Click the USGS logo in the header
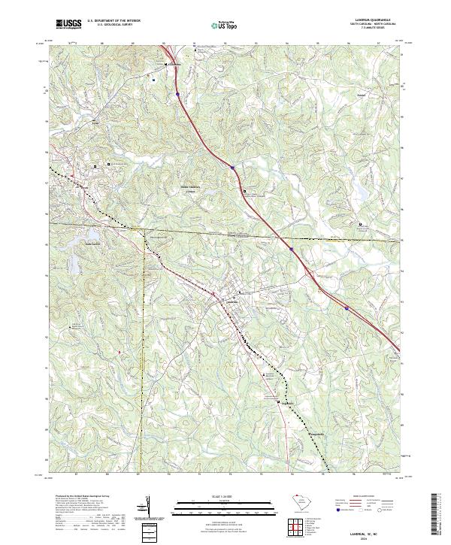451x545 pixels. [x=69, y=24]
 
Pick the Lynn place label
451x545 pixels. [x=95, y=123]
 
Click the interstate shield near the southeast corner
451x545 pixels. [x=347, y=307]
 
